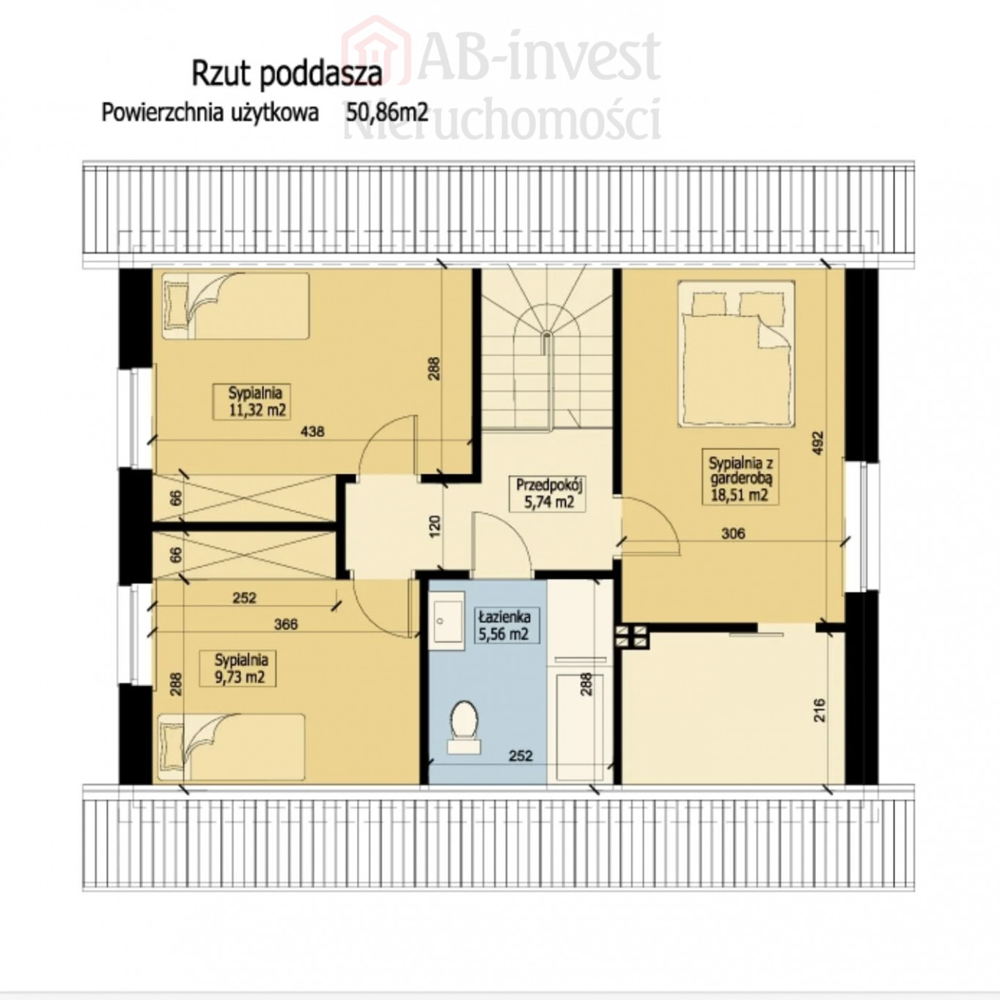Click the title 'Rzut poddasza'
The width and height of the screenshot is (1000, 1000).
287,74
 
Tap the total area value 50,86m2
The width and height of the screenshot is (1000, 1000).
387,113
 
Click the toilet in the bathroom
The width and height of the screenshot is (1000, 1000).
465,727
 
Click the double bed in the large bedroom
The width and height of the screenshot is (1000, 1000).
736,354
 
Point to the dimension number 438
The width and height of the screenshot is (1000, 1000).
312,431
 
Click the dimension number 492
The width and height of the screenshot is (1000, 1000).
818,444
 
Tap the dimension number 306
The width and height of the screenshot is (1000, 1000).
732,533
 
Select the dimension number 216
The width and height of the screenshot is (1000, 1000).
820,711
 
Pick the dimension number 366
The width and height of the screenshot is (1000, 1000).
285,624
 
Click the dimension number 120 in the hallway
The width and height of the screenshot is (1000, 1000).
435,526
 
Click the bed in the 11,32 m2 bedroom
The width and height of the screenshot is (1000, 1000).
235,306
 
